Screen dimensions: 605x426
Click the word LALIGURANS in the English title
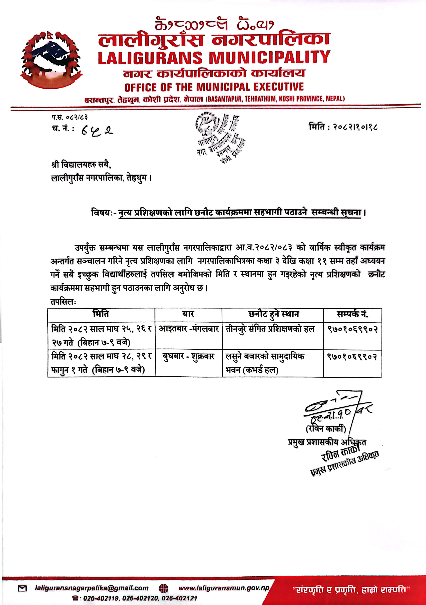point(150,58)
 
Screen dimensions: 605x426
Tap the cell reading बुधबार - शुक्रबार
point(189,356)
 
